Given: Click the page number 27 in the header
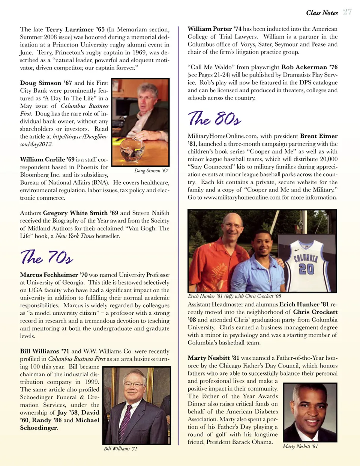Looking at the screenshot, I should (347, 12).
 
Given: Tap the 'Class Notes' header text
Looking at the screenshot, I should (322, 13).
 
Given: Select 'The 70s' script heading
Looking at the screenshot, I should (46, 257).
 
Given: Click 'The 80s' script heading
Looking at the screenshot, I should (214, 119).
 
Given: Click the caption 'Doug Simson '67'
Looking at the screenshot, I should (151, 171).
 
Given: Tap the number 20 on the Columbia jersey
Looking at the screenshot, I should (306, 269).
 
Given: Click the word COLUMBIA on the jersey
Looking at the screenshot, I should (306, 258).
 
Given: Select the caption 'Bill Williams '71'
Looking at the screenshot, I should (120, 449).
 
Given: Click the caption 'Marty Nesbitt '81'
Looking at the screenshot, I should (300, 446).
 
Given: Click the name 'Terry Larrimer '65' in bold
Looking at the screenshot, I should (75, 30).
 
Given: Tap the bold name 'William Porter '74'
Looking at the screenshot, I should (214, 29).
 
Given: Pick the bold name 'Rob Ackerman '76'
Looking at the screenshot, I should (309, 67).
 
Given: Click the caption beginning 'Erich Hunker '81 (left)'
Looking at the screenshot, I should (234, 296).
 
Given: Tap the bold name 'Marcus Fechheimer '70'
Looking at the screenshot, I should (54, 275).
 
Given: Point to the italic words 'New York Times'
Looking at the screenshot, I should (75, 236).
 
